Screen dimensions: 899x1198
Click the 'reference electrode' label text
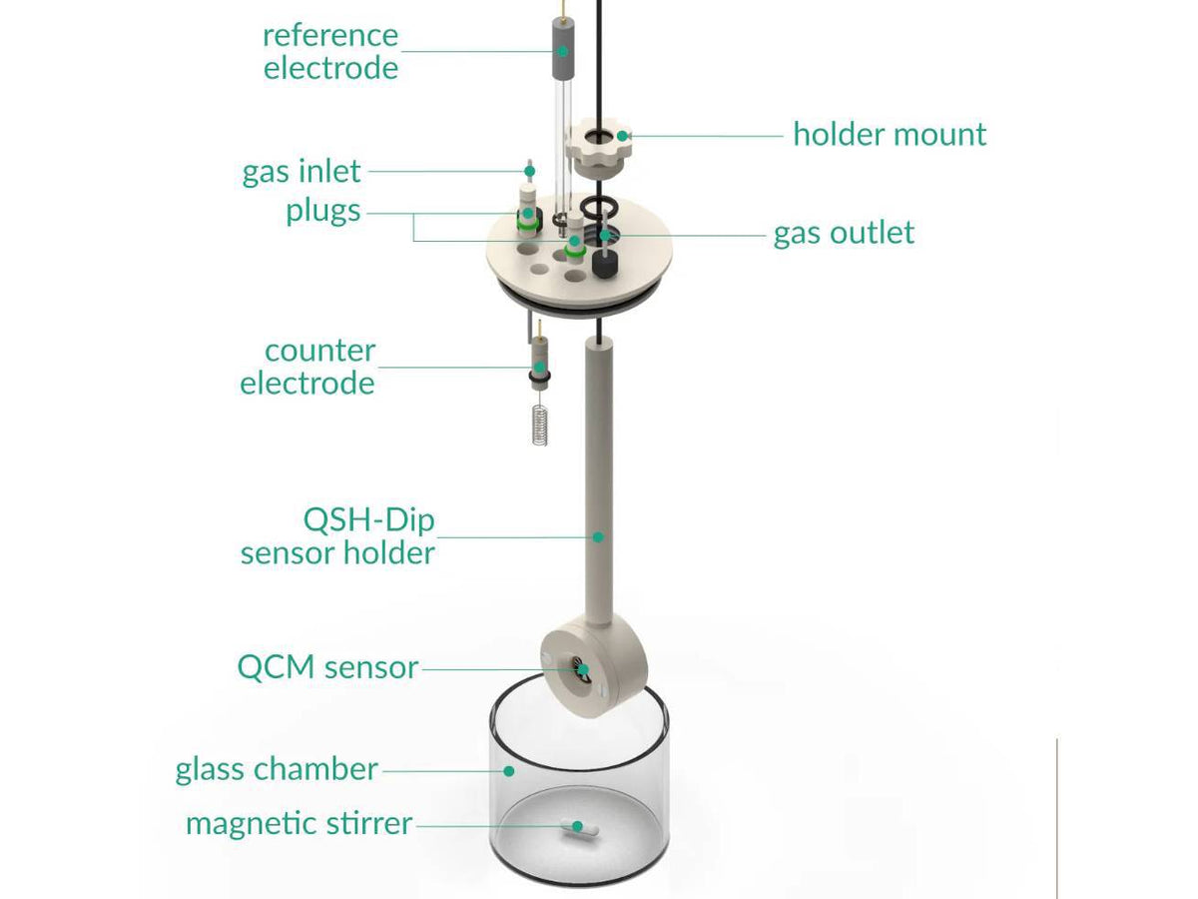point(330,51)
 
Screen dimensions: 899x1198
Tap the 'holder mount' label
point(890,134)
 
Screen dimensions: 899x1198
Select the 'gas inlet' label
point(301,171)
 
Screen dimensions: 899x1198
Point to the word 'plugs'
point(323,212)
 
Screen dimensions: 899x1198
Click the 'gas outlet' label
point(844,233)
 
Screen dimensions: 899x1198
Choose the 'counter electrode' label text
point(307,367)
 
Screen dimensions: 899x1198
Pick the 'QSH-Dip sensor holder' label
point(338,536)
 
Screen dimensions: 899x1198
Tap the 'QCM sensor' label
point(327,667)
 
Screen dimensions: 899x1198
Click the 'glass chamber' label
point(277,769)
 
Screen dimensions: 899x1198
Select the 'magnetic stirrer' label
point(299,824)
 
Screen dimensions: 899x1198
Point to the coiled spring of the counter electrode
point(539,426)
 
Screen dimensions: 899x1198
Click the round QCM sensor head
point(582,667)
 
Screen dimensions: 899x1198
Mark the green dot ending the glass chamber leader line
point(508,770)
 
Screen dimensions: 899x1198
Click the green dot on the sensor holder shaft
point(598,536)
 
